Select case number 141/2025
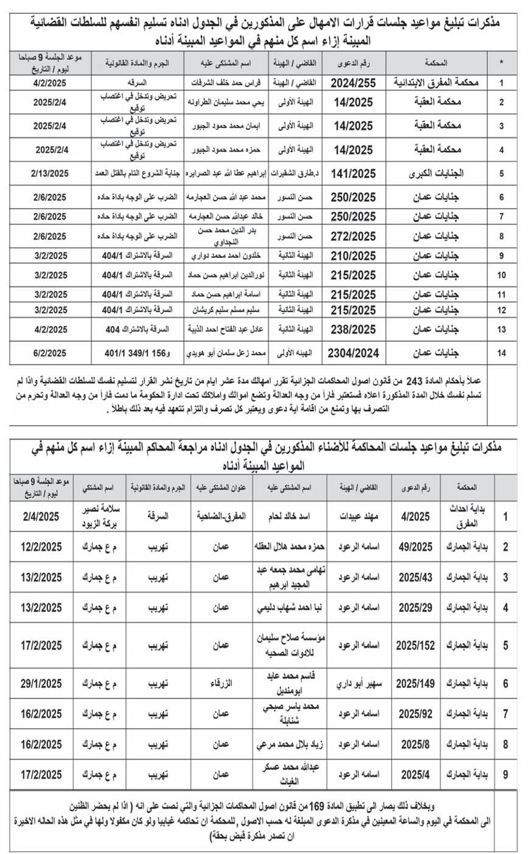[354, 174]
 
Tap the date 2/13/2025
[50, 174]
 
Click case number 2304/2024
[353, 353]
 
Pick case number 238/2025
[354, 330]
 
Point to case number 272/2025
[354, 237]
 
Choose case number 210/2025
[354, 256]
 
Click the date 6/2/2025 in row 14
[50, 353]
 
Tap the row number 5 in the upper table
[501, 174]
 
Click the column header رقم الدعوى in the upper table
[354, 62]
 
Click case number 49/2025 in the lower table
[416, 547]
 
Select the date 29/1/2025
[41, 684]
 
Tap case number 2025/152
[416, 645]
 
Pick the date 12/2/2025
[41, 547]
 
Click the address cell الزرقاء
[221, 684]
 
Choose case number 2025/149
[416, 684]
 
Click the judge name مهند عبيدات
[359, 517]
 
